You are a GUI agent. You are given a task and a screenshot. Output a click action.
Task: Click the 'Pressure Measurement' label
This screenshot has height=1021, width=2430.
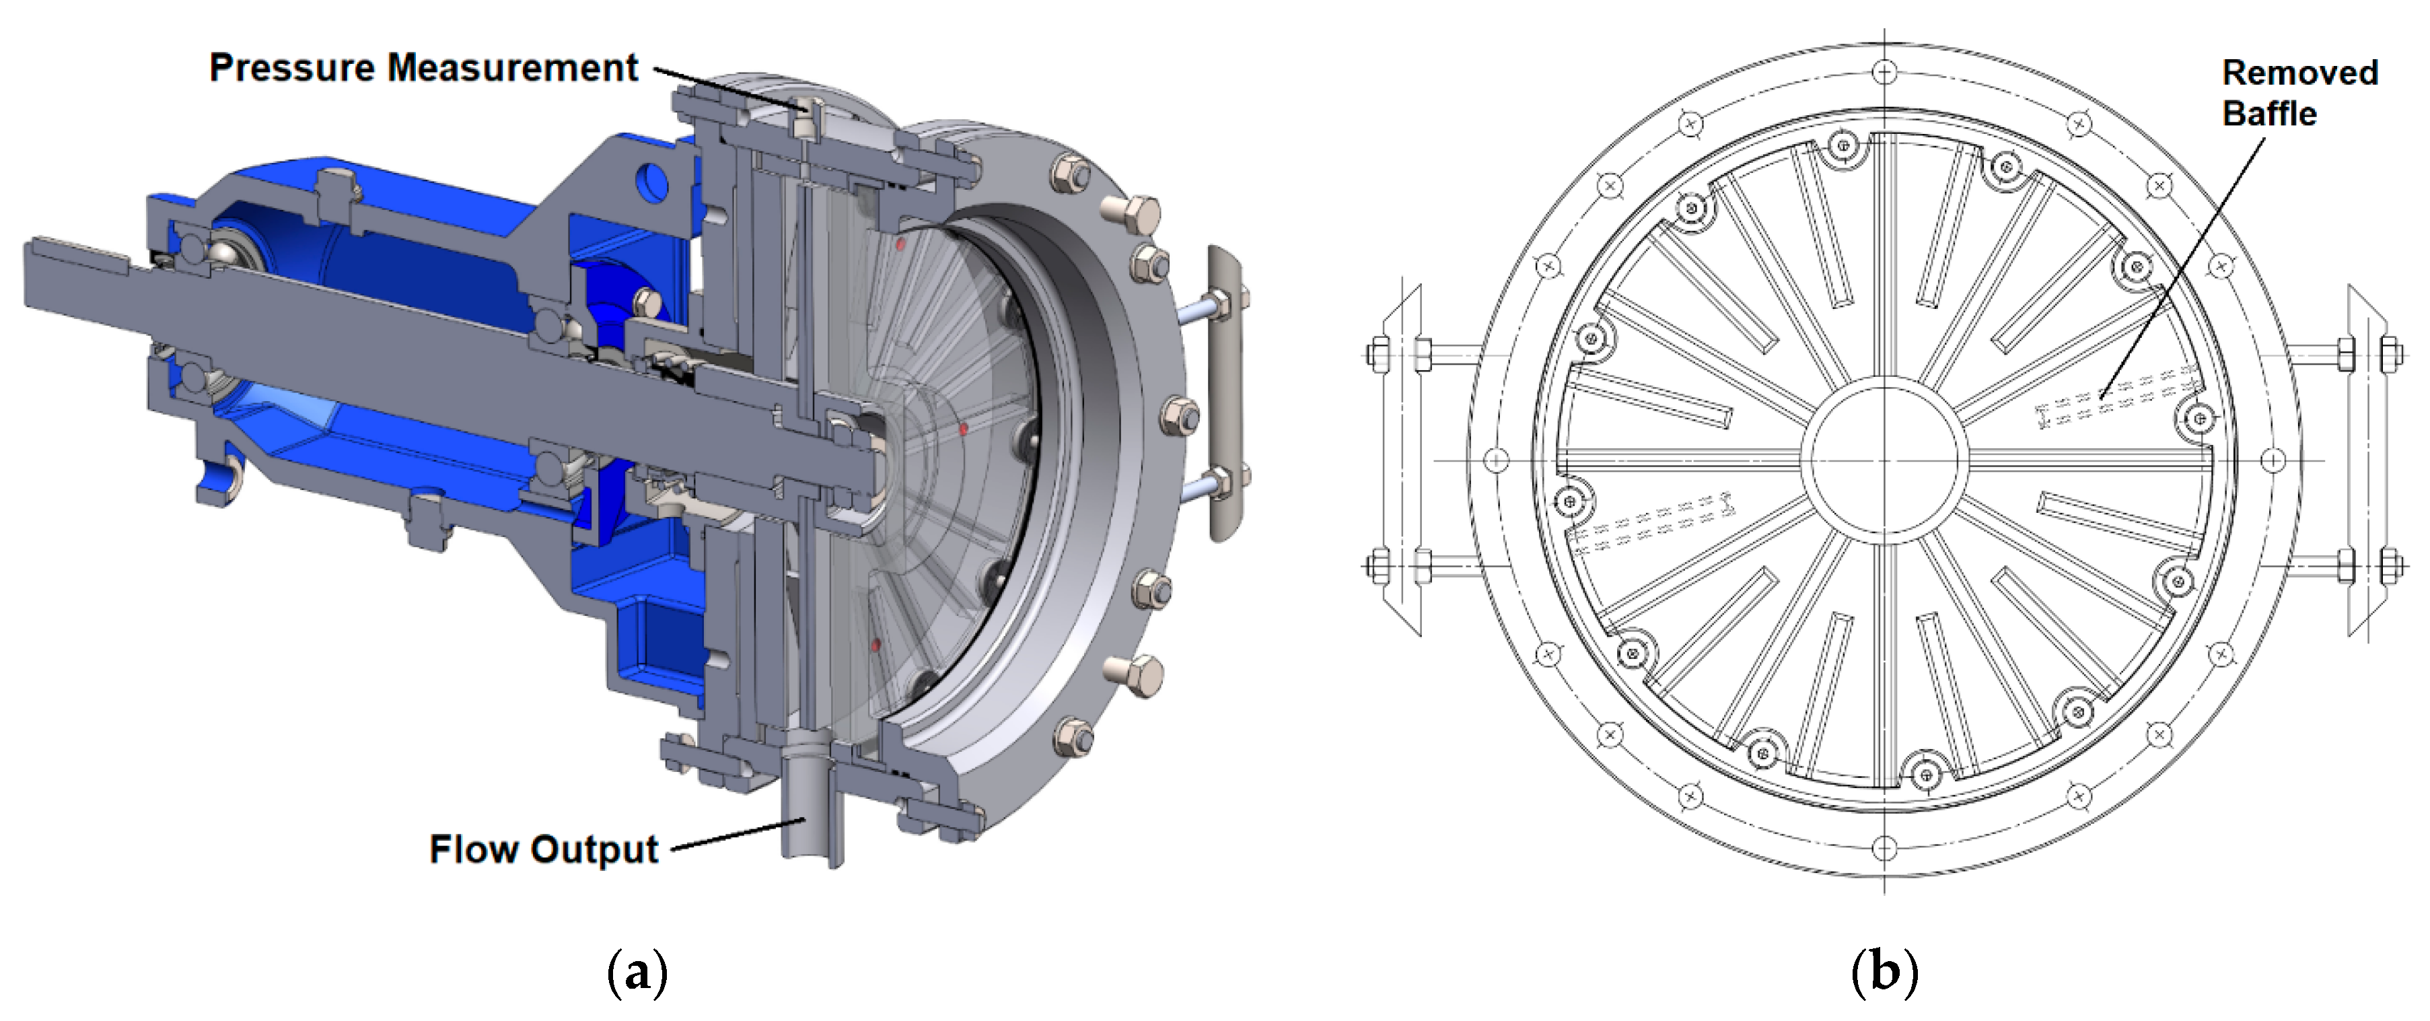pyautogui.click(x=423, y=68)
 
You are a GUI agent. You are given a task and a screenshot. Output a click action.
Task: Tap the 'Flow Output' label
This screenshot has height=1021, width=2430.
pyautogui.click(x=543, y=849)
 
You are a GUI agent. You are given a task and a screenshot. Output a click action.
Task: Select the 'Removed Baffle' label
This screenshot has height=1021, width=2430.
pyautogui.click(x=2300, y=92)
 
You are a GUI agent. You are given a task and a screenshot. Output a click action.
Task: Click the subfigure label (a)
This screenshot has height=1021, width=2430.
pyautogui.click(x=639, y=973)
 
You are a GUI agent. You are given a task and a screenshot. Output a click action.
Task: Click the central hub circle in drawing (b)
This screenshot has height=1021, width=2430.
pyautogui.click(x=1885, y=460)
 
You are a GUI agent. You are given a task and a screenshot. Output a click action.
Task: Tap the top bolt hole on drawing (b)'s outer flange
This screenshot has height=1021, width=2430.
pyautogui.click(x=1885, y=72)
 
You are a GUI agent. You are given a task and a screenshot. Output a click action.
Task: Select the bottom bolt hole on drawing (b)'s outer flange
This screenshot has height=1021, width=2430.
pyautogui.click(x=1885, y=847)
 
